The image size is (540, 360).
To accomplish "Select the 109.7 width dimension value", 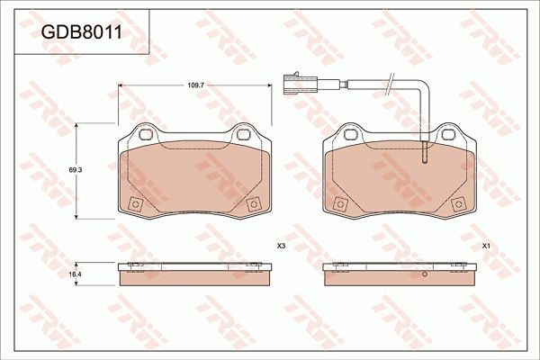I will [195, 85].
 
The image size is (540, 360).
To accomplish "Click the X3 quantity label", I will [281, 246].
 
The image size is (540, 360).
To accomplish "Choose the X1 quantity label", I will [486, 246].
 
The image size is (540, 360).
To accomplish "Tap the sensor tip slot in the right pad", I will [424, 155].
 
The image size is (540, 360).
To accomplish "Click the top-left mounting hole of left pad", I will [146, 136].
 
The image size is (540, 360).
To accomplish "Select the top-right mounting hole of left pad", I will [243, 136].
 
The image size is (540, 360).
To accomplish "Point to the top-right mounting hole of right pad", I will [447, 136].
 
